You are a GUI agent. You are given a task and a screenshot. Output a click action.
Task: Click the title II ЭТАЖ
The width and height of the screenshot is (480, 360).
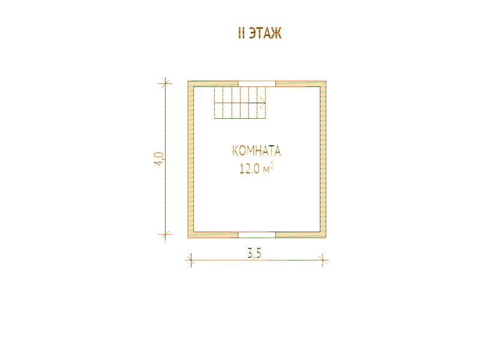click(260, 34)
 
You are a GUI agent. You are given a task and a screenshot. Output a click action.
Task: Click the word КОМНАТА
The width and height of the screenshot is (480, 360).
click(256, 151)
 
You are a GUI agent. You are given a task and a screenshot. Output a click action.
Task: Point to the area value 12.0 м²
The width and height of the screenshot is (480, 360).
click(256, 169)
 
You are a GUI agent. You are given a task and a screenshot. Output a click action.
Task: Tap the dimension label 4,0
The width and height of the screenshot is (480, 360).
click(159, 159)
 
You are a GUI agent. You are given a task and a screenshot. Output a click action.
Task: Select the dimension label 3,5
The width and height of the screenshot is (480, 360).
click(254, 254)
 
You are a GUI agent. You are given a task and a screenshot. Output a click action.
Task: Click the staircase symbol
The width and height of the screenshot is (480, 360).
click(239, 103)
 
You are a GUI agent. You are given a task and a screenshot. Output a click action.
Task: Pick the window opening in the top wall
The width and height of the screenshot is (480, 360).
click(257, 84)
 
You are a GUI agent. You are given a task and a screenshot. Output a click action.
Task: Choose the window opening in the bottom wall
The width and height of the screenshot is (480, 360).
click(257, 235)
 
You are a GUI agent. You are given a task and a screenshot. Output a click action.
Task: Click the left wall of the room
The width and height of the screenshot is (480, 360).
click(191, 160)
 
